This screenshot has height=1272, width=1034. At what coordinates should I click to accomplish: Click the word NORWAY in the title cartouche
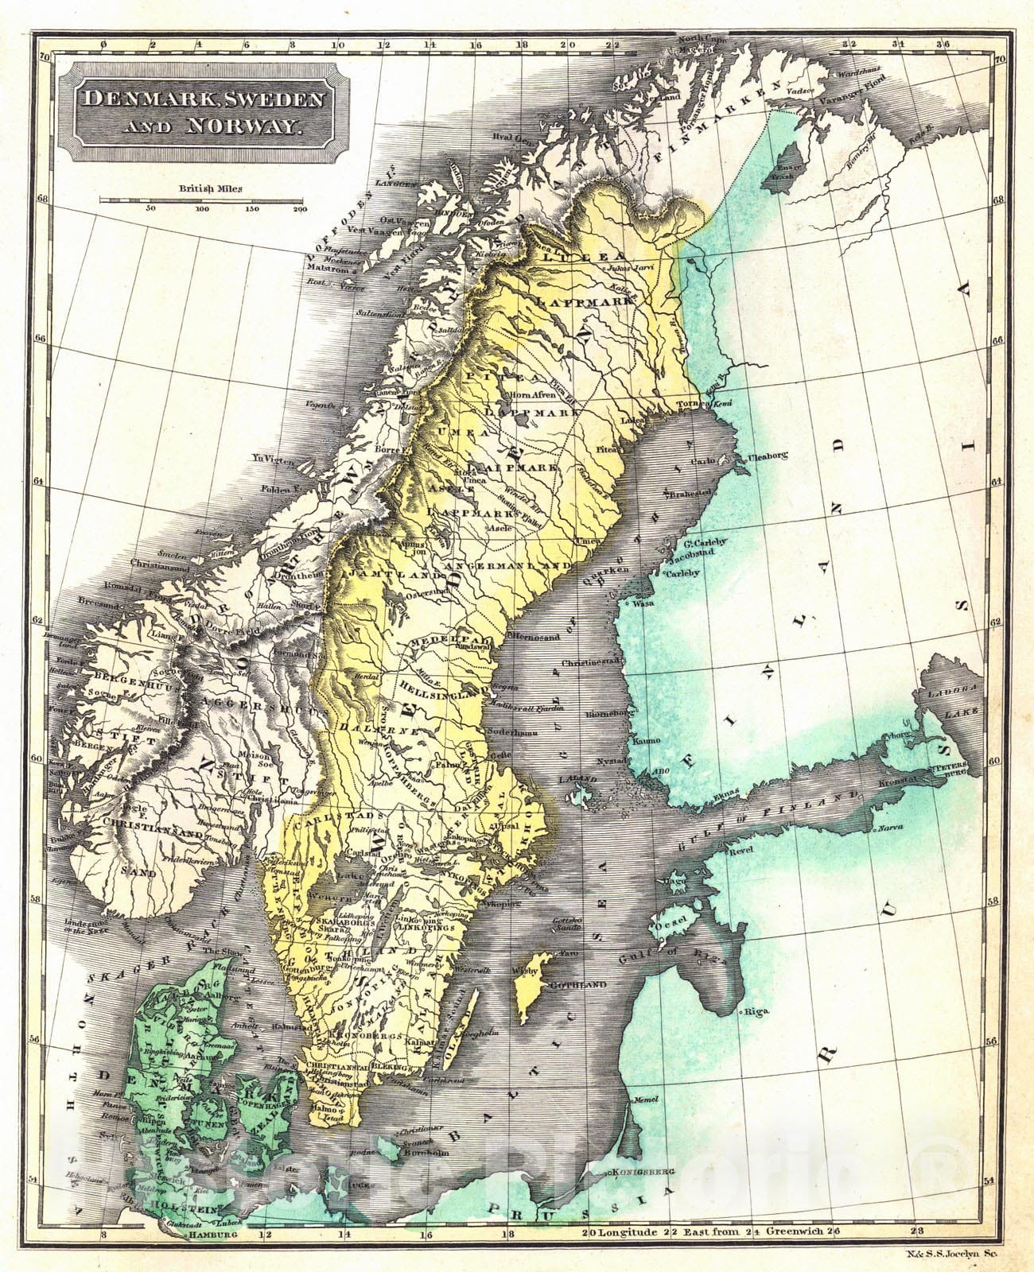(240, 124)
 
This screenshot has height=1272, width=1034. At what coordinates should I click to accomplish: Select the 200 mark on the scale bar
(300, 210)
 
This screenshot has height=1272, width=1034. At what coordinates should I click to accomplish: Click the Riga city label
(756, 1012)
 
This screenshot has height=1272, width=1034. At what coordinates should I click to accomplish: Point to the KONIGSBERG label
(644, 1172)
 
